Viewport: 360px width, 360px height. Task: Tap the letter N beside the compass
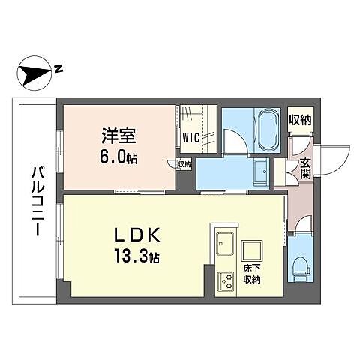[x=58, y=70]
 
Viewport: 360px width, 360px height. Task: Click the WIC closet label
[x=190, y=137]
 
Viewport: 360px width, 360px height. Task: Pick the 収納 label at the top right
[x=300, y=120]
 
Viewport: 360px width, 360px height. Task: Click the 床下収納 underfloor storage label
[x=252, y=274]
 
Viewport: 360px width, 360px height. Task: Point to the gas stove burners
[x=226, y=280]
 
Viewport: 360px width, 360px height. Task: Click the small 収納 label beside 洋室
[x=184, y=163]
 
